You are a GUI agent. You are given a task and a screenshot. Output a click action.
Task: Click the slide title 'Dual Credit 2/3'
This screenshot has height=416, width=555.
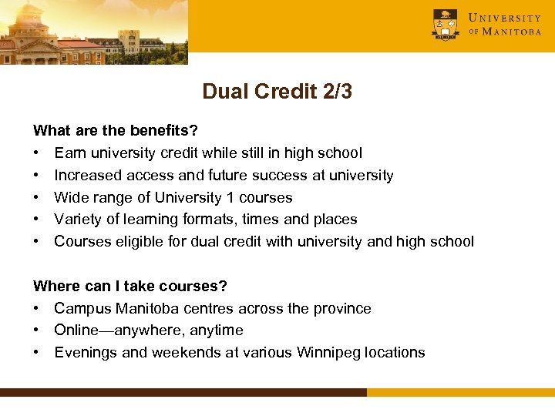point(277,92)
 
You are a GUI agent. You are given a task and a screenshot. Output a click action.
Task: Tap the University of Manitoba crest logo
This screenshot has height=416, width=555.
point(446,24)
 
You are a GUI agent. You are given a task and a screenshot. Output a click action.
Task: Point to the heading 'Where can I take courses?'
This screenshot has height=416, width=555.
point(130,286)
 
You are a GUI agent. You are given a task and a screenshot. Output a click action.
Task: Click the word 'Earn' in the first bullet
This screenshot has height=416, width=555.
point(69,153)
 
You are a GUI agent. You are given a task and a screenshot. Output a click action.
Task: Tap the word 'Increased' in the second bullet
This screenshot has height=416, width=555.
point(86,175)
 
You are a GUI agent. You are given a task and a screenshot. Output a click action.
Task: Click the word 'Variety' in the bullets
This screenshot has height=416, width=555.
point(78,219)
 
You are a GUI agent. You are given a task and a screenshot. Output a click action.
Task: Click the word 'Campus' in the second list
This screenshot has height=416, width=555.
point(82,308)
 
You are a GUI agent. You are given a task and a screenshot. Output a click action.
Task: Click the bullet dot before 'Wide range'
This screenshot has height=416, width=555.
point(36,197)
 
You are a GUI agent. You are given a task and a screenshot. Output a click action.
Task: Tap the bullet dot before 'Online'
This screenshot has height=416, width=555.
point(36,330)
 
